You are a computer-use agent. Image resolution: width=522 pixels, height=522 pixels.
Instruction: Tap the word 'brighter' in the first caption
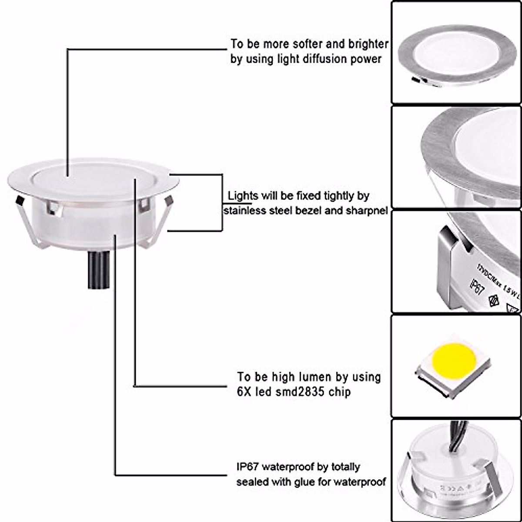[368, 44]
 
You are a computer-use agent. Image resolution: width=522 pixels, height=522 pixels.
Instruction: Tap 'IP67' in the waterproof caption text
[247, 467]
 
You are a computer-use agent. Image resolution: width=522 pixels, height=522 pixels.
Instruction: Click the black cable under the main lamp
[99, 270]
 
